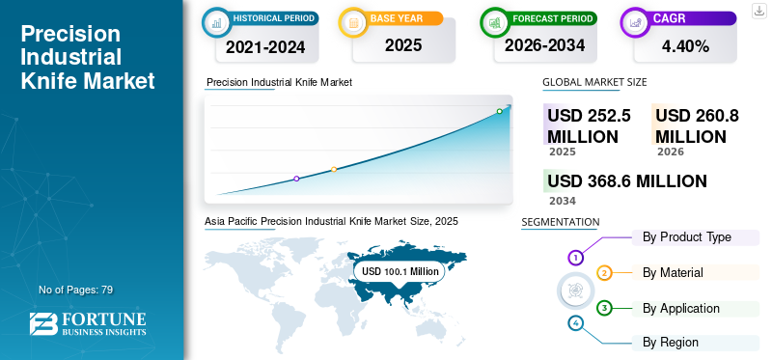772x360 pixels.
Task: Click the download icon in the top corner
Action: click(758, 11)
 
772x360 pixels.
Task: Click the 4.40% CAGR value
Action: click(685, 46)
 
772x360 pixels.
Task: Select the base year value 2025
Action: click(403, 45)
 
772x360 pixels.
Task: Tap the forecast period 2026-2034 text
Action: click(544, 45)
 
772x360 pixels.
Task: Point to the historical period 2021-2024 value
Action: click(265, 47)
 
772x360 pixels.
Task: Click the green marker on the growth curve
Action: click(499, 111)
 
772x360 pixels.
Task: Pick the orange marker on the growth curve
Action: click(334, 170)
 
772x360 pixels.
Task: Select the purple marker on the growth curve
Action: click(296, 179)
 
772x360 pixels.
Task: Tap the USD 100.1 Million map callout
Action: click(400, 271)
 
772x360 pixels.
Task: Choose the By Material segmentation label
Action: click(673, 272)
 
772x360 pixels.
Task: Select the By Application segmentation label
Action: click(681, 308)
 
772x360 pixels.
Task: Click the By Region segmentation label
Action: click(670, 342)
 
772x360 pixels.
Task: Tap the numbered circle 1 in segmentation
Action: click(575, 257)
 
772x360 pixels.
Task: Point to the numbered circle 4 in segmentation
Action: click(575, 323)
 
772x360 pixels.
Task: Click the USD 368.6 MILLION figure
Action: click(627, 181)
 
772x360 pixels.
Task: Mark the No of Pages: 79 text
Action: click(76, 291)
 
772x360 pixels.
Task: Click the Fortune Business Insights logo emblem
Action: click(42, 324)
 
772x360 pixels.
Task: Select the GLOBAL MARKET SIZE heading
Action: click(594, 82)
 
